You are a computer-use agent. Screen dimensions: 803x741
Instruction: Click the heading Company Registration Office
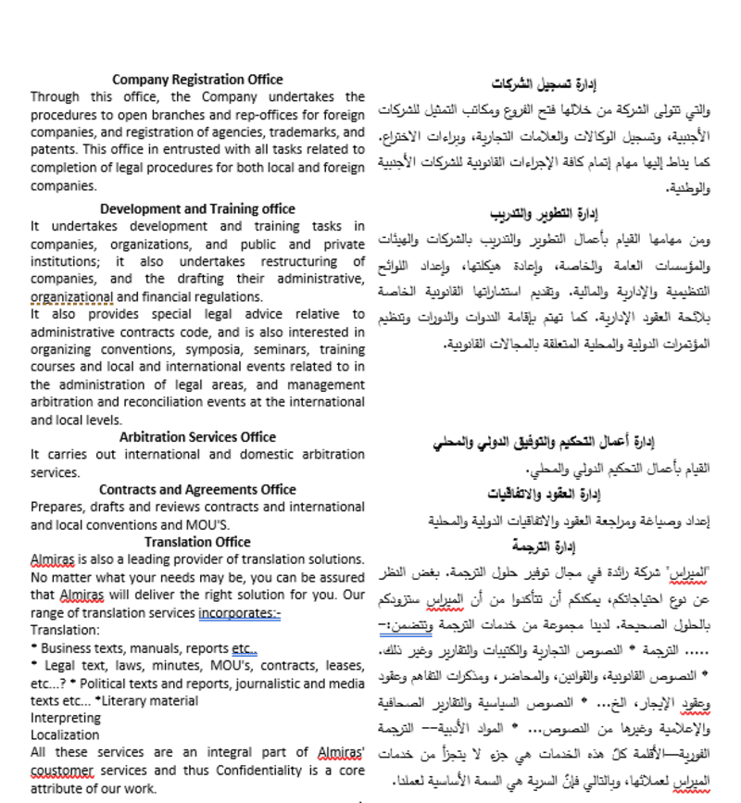coord(197,80)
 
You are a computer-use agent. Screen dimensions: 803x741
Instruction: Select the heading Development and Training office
coord(197,208)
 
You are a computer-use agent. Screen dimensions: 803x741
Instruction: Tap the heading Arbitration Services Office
coord(197,437)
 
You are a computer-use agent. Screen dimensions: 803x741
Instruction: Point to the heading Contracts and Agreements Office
coord(197,490)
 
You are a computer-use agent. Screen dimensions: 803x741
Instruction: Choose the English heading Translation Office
coord(197,542)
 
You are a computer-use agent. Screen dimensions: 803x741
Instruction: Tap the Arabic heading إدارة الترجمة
coord(544,546)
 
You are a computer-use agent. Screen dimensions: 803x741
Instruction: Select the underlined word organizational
coord(71,297)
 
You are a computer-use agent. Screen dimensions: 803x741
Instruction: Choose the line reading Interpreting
coord(66,718)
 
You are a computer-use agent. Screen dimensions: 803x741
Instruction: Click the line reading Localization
coord(65,735)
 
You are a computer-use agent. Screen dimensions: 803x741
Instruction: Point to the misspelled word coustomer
coord(62,771)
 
